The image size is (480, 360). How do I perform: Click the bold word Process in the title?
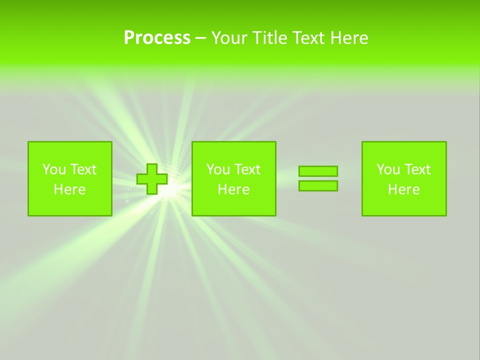[157, 38]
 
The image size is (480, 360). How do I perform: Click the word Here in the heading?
[349, 38]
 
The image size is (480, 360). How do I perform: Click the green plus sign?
[152, 179]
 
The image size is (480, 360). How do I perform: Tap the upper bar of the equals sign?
[318, 171]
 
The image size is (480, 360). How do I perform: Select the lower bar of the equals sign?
[318, 186]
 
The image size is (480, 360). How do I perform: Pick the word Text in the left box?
[82, 169]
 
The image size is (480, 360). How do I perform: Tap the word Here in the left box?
[70, 189]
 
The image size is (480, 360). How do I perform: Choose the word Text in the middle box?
[246, 169]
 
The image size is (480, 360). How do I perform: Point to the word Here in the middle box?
[234, 189]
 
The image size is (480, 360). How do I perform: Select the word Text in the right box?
[416, 169]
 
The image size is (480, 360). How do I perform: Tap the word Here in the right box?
[404, 189]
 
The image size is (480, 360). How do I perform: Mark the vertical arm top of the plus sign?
[152, 168]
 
